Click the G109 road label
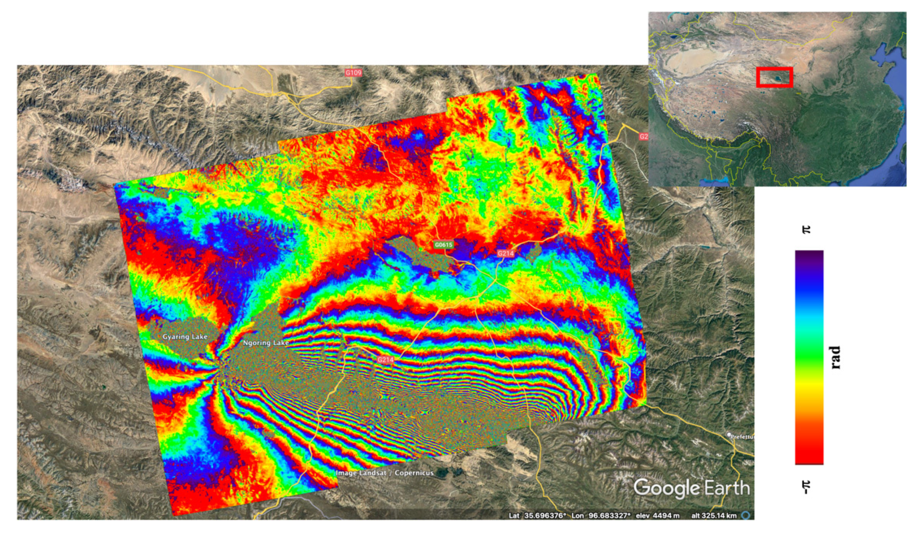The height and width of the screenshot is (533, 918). pos(353,73)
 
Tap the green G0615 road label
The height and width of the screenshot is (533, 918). pos(443,245)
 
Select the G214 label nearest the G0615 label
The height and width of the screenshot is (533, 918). pos(505,253)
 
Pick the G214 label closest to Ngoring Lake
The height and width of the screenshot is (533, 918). pos(385,360)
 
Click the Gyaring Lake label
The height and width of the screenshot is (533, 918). pos(185,336)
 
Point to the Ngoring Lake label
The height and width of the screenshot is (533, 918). pos(266,343)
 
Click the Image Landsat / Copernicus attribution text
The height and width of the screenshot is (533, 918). pos(384,473)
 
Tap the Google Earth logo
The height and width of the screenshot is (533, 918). pos(691,487)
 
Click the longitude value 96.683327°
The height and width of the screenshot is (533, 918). pos(607,516)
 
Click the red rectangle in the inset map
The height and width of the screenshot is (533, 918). pos(774,77)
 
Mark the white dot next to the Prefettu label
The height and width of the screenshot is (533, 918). pos(729,435)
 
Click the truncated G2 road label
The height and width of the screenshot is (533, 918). pos(644,137)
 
